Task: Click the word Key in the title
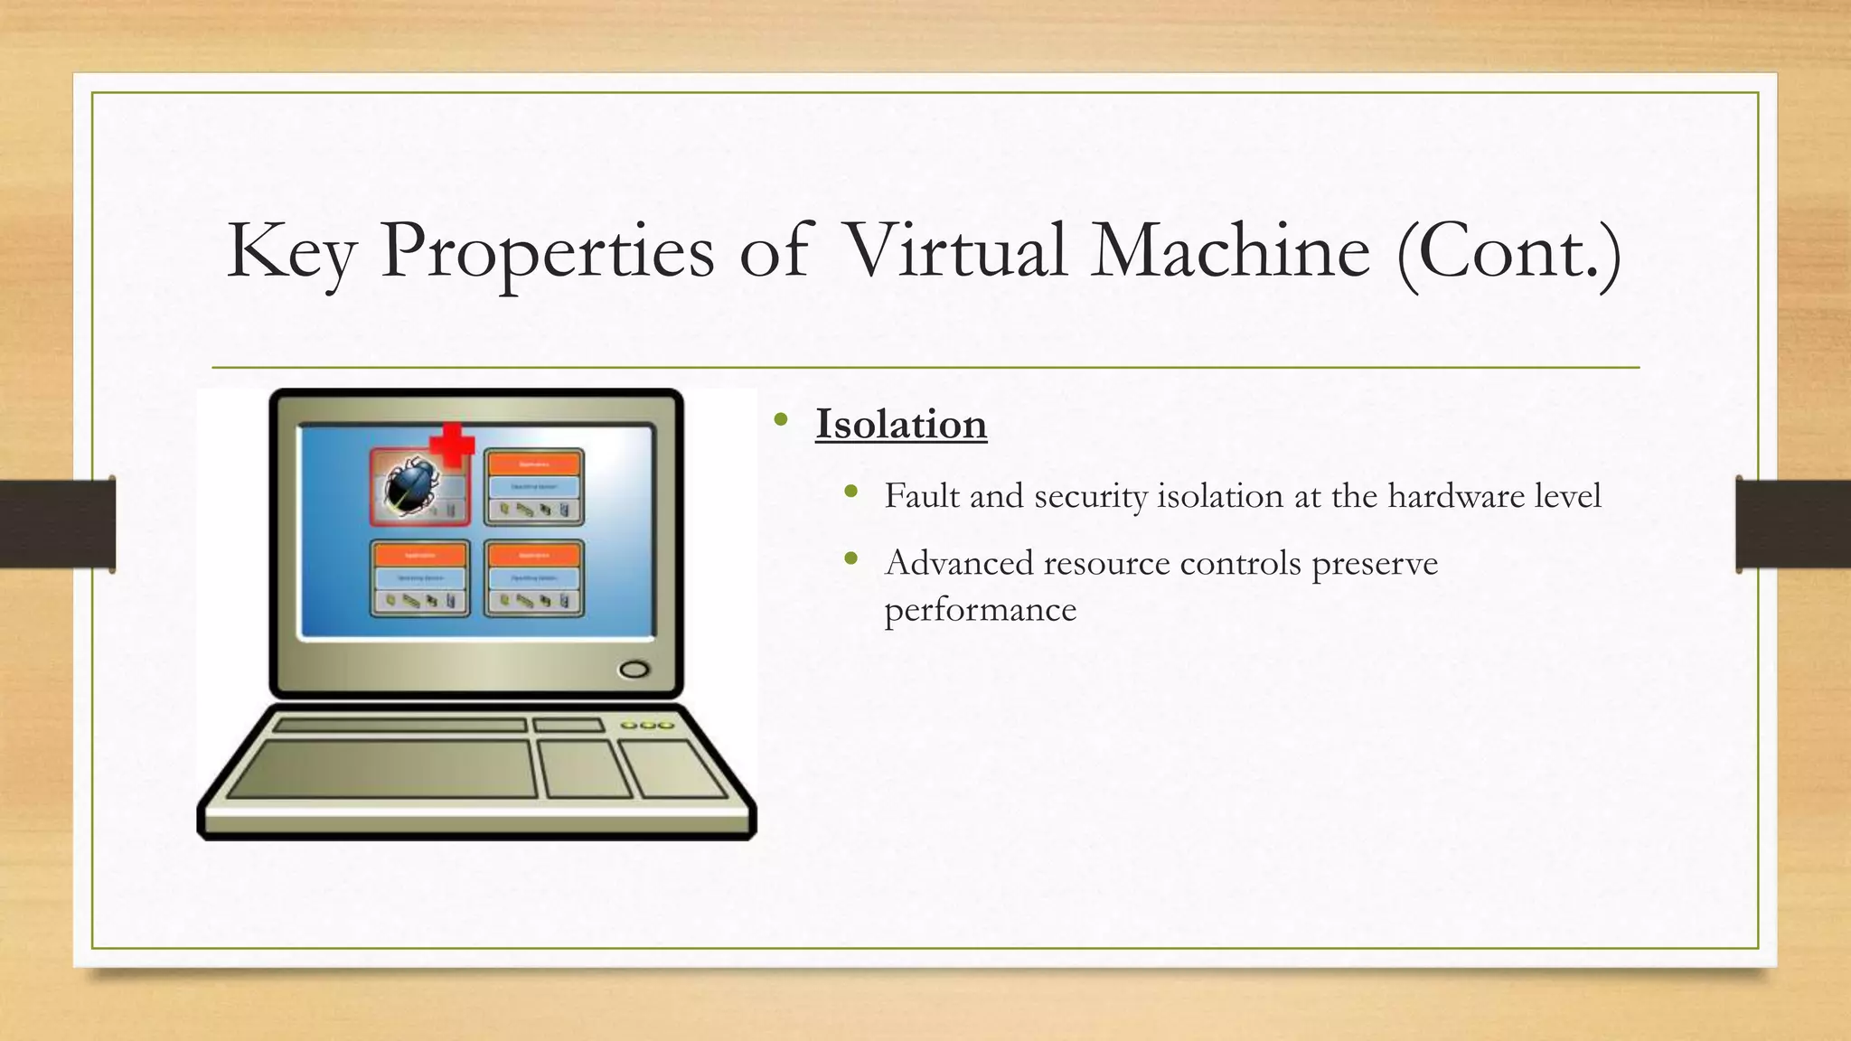coord(290,251)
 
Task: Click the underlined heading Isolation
coord(900,424)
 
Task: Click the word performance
coord(980,610)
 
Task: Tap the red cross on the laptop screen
coord(452,444)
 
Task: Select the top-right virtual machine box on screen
coord(533,487)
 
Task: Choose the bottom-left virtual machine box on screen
coord(420,578)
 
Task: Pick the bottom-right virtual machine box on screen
coord(533,578)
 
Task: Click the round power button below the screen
coord(634,670)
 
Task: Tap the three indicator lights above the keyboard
coord(646,726)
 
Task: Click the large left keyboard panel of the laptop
coord(381,769)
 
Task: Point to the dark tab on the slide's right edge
coord(1792,524)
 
